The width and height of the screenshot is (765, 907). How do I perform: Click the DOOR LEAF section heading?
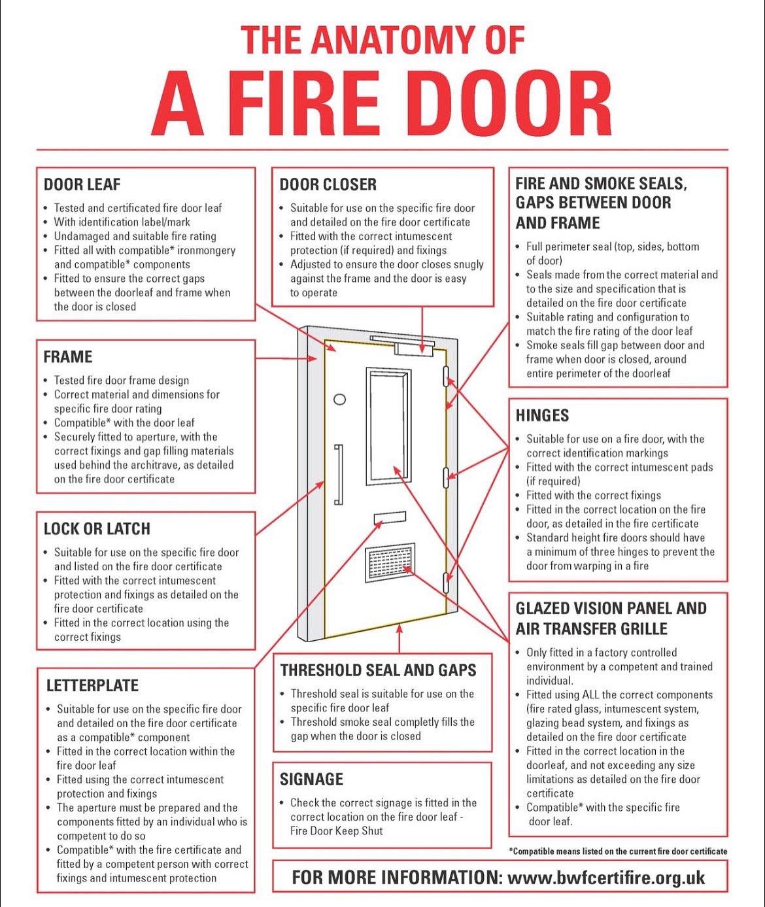(82, 184)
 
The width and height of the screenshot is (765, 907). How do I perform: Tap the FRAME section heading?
(67, 357)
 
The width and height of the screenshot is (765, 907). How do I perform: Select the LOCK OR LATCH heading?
(97, 529)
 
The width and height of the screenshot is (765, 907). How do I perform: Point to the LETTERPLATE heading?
(92, 686)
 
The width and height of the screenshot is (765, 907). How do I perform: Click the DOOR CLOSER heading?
(328, 184)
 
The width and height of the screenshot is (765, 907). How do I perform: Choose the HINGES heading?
(542, 416)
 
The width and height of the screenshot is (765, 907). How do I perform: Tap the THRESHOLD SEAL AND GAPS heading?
(378, 670)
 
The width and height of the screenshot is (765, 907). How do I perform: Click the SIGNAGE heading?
(311, 779)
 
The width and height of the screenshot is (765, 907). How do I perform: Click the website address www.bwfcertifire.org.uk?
(605, 878)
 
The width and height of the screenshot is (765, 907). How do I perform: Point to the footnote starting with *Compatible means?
(617, 851)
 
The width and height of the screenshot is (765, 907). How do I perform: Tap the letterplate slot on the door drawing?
(390, 519)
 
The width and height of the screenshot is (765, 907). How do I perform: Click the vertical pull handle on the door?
(338, 475)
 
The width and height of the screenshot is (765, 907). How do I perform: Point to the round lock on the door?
(340, 399)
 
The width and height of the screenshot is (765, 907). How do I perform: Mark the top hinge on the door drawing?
(447, 376)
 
